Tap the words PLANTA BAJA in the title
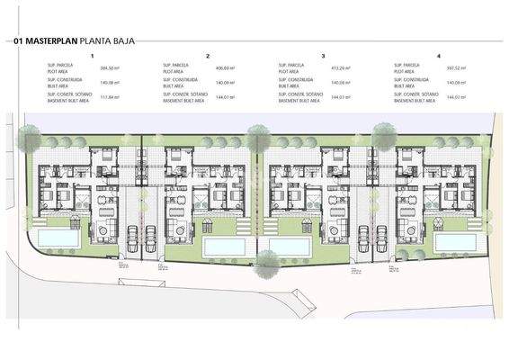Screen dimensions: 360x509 coord(104,41)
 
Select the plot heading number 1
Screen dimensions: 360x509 coord(93,56)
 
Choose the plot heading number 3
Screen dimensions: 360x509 coord(323,56)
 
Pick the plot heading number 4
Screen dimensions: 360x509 coord(438,56)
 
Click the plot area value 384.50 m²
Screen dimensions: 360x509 coord(110,67)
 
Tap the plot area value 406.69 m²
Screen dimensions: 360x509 coord(225,67)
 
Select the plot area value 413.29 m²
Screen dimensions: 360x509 coord(340,67)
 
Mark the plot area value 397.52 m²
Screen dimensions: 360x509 coord(455,67)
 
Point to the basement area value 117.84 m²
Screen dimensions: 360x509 coord(110,96)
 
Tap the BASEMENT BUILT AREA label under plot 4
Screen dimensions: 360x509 coord(415,101)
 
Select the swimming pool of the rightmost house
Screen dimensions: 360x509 coord(453,243)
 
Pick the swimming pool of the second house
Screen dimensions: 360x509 coord(222,245)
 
